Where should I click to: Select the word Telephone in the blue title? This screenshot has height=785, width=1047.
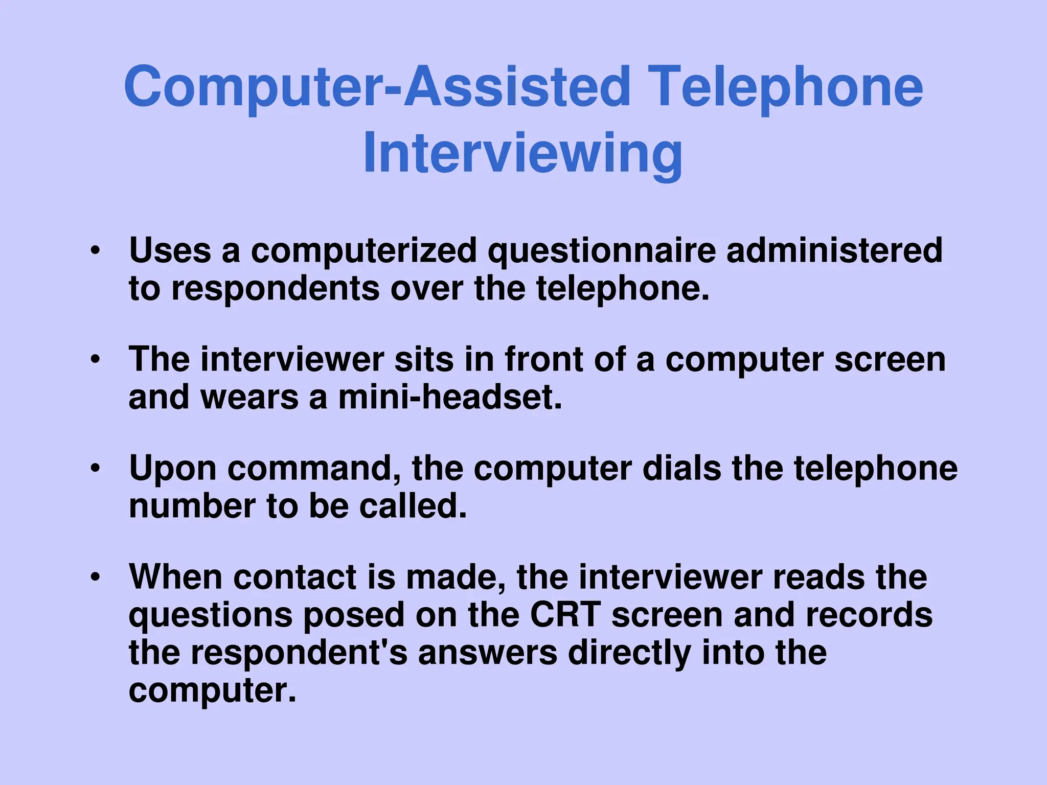click(x=788, y=87)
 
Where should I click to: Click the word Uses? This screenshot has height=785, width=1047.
click(x=170, y=250)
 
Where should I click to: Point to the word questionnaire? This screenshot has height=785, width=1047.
click(x=601, y=251)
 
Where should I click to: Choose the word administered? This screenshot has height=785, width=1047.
click(x=834, y=250)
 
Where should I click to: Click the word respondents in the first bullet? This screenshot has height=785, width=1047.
click(x=275, y=289)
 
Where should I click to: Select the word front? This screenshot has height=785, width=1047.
click(x=544, y=359)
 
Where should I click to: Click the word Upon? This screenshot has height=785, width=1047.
click(x=173, y=469)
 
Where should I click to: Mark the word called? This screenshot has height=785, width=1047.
click(x=413, y=506)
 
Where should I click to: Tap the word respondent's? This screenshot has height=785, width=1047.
click(x=299, y=653)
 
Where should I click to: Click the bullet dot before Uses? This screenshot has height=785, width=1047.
click(x=95, y=251)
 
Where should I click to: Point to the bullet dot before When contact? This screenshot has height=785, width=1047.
click(x=95, y=577)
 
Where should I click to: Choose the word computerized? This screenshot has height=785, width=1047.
click(x=363, y=251)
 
